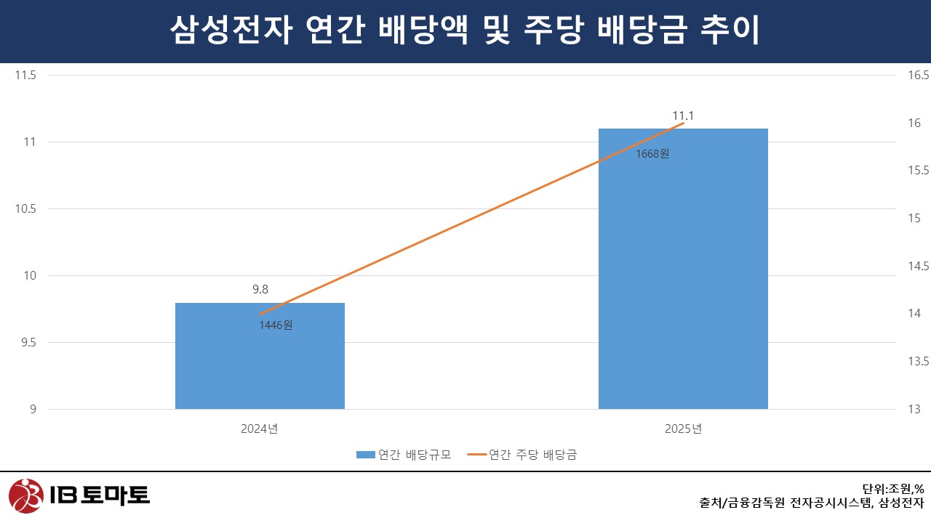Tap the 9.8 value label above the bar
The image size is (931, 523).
coord(260,289)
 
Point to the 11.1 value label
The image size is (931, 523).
coord(684,115)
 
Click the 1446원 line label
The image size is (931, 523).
coord(276,325)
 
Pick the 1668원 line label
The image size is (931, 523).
coord(652,153)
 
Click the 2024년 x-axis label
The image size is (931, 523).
coord(260,429)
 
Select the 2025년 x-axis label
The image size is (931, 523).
coord(683,429)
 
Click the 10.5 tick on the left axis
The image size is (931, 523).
coord(25,208)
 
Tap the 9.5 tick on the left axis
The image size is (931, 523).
coord(28,342)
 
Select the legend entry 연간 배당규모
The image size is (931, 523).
coord(404,455)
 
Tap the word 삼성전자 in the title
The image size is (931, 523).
coord(225,31)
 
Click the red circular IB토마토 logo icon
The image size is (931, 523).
coord(25,496)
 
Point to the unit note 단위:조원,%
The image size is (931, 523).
coord(892,489)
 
